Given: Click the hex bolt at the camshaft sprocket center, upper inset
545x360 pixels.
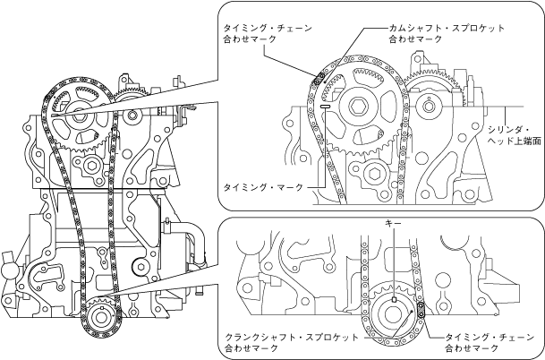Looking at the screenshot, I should [x=359, y=107].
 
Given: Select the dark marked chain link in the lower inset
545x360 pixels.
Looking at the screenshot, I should [x=420, y=312].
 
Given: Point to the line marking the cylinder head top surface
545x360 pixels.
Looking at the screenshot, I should [x=465, y=110].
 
